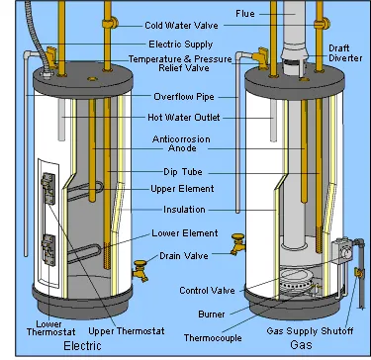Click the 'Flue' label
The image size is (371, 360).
(245, 14)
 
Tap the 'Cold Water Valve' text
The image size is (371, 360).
(181, 26)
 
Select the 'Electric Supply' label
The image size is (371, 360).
(181, 45)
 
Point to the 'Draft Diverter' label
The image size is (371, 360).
(345, 53)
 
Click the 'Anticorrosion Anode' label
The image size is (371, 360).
(181, 143)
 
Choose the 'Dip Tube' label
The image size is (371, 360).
(183, 172)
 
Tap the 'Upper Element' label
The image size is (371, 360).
(182, 189)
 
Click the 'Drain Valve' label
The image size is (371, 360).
(184, 256)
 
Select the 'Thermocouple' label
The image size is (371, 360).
(213, 338)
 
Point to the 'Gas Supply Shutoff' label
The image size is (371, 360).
(310, 330)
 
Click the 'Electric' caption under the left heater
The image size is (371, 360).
(82, 346)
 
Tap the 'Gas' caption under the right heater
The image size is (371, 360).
(301, 345)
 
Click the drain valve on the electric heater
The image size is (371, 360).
(140, 270)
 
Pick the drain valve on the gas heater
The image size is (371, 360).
(238, 243)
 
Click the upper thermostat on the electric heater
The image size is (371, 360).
(48, 188)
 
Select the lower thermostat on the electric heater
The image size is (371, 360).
(48, 250)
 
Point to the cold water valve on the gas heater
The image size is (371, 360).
(322, 24)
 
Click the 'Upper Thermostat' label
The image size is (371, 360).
(127, 330)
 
